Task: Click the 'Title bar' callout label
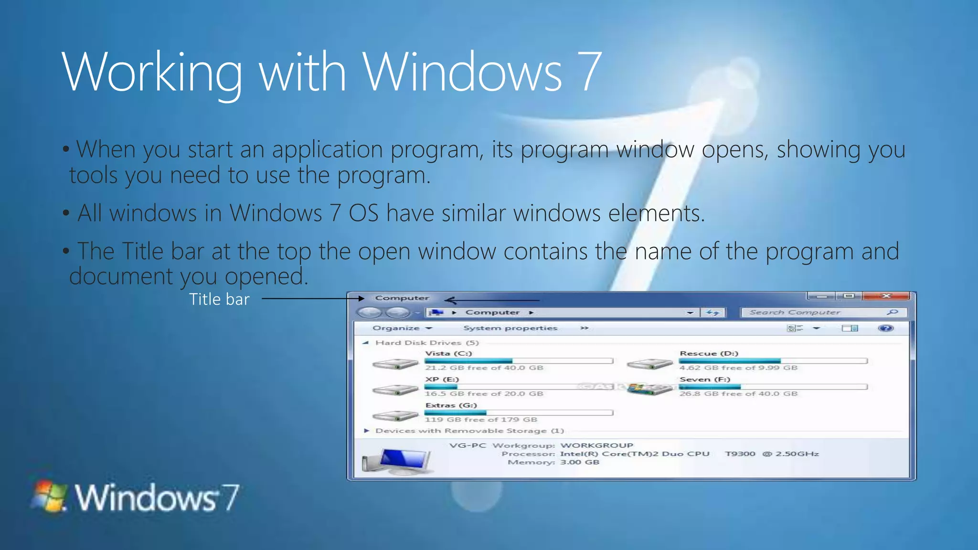[x=219, y=299]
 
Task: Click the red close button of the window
[x=886, y=296]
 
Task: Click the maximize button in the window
[x=849, y=296]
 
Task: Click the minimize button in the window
[x=822, y=296]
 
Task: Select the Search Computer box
[x=817, y=312]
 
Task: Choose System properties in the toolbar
[x=510, y=328]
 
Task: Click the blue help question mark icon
[x=885, y=328]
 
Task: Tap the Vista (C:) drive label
[x=448, y=353]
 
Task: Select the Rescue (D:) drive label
[x=709, y=353]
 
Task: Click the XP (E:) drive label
[x=442, y=379]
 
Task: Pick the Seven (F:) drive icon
[x=649, y=389]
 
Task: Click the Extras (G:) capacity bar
[x=518, y=412]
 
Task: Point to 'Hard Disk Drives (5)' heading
[x=426, y=342]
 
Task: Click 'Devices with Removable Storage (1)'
[x=469, y=431]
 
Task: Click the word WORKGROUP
[x=596, y=445]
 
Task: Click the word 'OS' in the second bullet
[x=363, y=213]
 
